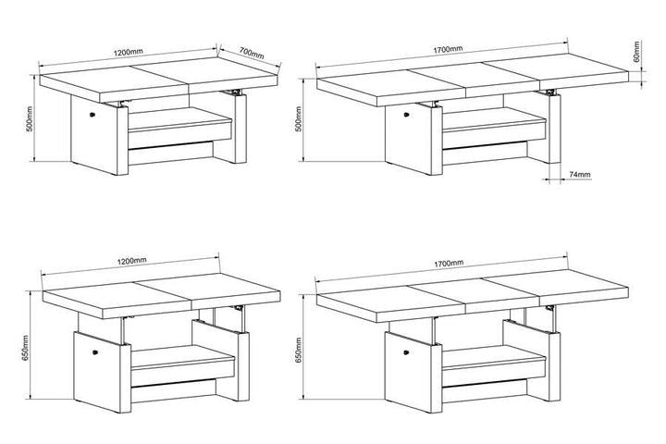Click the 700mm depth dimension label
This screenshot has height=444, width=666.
(x=252, y=53)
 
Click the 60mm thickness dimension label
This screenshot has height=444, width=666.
(x=636, y=52)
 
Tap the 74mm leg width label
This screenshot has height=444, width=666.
(x=579, y=174)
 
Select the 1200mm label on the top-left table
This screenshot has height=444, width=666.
(x=129, y=52)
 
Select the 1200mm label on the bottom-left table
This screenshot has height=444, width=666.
(x=131, y=260)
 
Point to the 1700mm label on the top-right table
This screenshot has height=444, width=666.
(x=448, y=49)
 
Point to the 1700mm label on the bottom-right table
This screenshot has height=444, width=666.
(x=449, y=264)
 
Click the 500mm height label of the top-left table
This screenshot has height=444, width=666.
(x=29, y=118)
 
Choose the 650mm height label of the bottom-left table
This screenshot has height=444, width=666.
(x=25, y=348)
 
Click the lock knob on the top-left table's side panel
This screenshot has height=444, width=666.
(x=92, y=114)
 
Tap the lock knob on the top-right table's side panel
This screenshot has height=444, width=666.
(x=406, y=115)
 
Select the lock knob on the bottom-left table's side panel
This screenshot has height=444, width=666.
(x=95, y=351)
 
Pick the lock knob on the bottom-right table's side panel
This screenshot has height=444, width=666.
(x=406, y=351)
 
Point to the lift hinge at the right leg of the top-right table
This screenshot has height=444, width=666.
(x=551, y=92)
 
